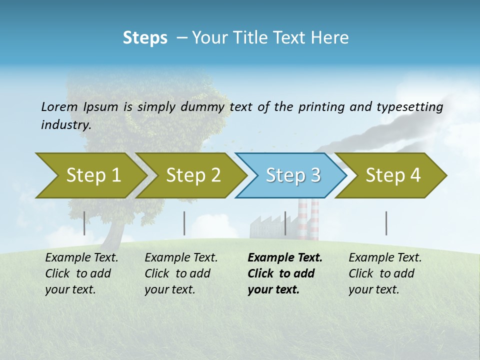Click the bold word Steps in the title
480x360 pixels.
[x=145, y=38]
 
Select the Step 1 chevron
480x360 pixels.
[x=90, y=175]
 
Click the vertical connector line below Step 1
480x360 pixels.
[x=84, y=223]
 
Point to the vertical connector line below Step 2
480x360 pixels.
[x=184, y=223]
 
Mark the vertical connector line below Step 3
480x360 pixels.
[x=285, y=223]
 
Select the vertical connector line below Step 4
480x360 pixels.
[x=386, y=223]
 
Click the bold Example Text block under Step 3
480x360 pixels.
[x=285, y=273]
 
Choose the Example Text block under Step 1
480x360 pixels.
[x=81, y=273]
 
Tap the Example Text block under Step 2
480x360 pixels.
[x=181, y=273]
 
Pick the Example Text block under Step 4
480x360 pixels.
[x=385, y=273]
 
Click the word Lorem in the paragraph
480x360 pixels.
[x=59, y=107]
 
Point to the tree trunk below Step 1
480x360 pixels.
[x=116, y=227]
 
